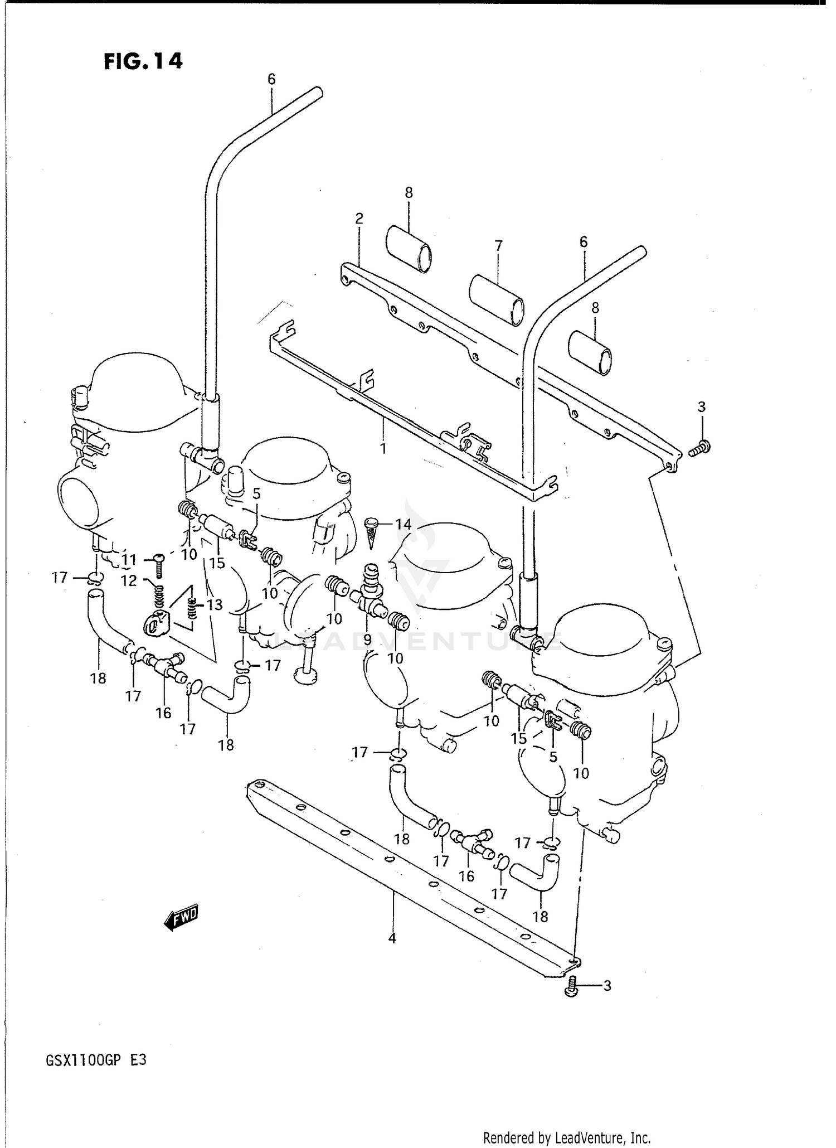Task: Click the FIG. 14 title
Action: [143, 61]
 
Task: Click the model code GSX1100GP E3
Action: [96, 1060]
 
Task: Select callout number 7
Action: [498, 245]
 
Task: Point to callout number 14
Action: [403, 524]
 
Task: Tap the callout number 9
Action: [367, 640]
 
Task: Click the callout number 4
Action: [392, 938]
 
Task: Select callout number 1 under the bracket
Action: [383, 448]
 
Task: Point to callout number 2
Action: [359, 218]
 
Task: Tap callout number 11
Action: [129, 560]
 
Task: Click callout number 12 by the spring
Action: [129, 581]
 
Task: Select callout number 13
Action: [215, 604]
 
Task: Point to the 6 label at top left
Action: [271, 79]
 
